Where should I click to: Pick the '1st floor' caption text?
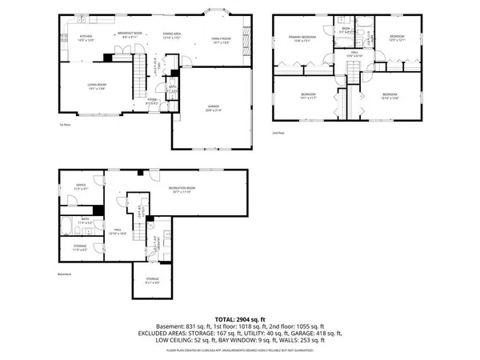coord(63,126)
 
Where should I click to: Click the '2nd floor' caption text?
coord(278,132)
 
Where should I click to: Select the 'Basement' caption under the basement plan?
coord(65,274)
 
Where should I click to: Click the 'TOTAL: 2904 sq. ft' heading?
coord(239,318)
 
